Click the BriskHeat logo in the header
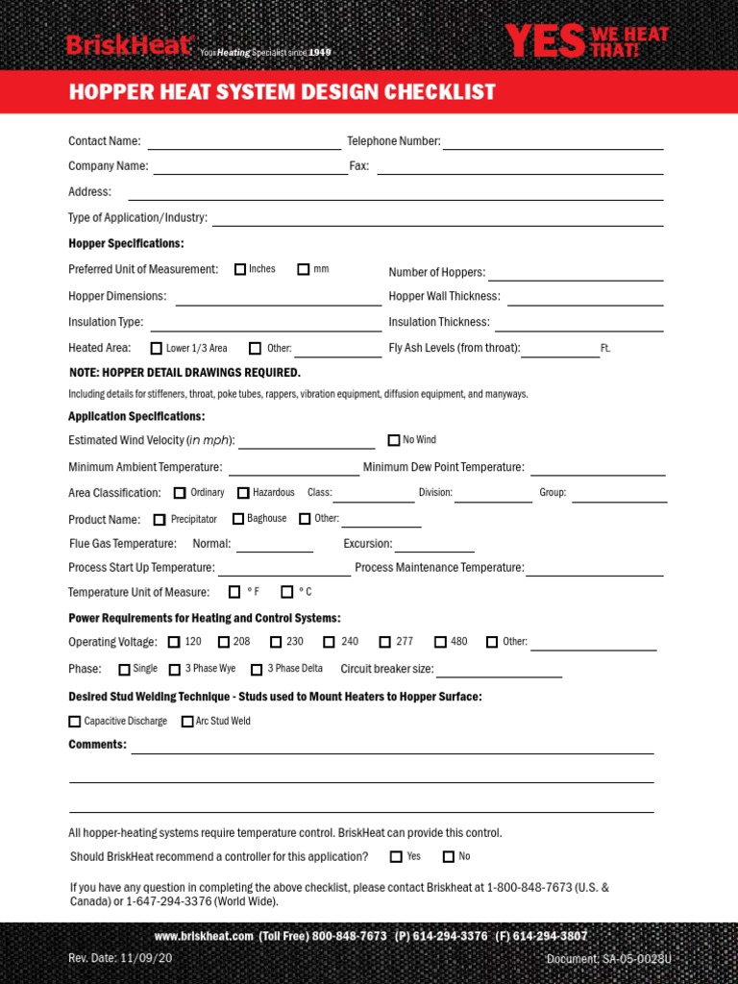pos(131,44)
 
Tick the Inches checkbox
pos(240,270)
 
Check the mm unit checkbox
pos(304,270)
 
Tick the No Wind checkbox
pos(394,440)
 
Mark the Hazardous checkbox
pos(243,493)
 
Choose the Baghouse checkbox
pos(238,519)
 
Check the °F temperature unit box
pos(234,592)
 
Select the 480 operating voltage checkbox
pos(440,642)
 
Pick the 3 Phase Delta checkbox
pos(257,669)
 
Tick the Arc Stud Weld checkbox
pos(187,721)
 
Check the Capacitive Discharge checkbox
pos(75,721)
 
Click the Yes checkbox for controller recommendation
pos(396,856)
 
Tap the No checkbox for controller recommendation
pos(448,856)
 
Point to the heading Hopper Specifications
pos(126,244)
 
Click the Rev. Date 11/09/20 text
pos(107,959)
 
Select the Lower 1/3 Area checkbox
pos(157,349)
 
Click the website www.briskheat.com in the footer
pos(203,936)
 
